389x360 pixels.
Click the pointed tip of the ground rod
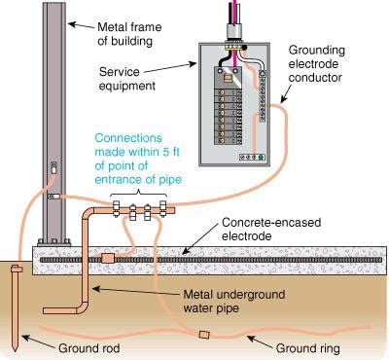[18, 348]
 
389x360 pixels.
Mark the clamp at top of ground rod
[17, 269]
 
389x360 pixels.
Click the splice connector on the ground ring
[203, 335]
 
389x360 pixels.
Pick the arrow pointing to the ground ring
[260, 340]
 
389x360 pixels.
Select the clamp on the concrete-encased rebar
[107, 258]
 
